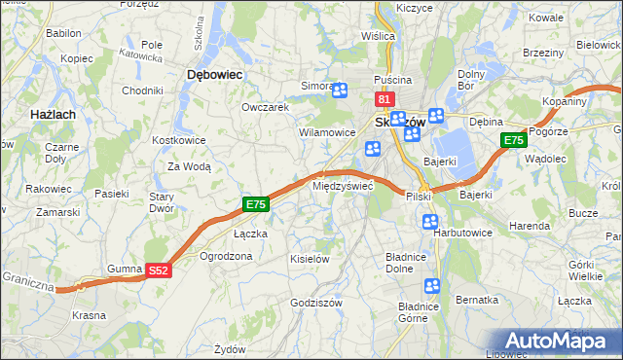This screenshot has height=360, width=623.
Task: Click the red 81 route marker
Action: coord(384,99)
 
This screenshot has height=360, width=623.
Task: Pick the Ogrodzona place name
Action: coord(225,256)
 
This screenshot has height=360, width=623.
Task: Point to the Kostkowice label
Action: coord(176,141)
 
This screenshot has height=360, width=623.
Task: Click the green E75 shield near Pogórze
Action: coord(514,142)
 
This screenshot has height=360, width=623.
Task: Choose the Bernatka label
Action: coord(477,301)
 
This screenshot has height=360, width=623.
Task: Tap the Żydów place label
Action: coord(230,348)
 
